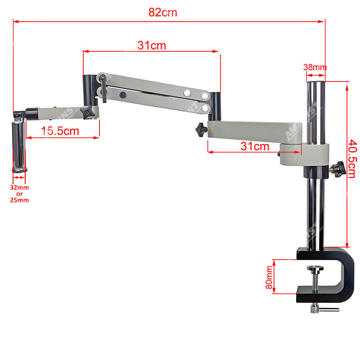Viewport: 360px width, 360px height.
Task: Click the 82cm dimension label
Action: pyautogui.click(x=163, y=13)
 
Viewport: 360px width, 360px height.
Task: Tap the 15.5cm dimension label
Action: pyautogui.click(x=60, y=131)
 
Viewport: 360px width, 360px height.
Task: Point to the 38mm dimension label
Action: pyautogui.click(x=315, y=67)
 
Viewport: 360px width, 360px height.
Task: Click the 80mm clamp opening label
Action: pyautogui.click(x=269, y=277)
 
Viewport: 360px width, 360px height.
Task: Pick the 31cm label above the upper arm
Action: pyautogui.click(x=152, y=45)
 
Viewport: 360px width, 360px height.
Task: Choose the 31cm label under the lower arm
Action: pyautogui.click(x=255, y=146)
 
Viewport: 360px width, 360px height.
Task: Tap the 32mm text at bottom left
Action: pyautogui.click(x=19, y=188)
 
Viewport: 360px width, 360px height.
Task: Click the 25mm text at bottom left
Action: pyautogui.click(x=19, y=200)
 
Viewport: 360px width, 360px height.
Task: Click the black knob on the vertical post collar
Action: pyautogui.click(x=339, y=169)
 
